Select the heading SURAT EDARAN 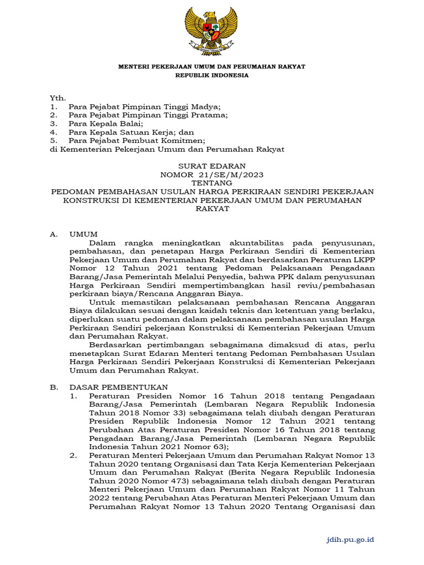tap(212, 166)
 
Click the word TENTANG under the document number tap(212, 183)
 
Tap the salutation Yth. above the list tap(58, 98)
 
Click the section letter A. tap(54, 234)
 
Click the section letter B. tap(54, 387)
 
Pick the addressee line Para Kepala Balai tap(105, 124)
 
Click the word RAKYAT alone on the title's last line tap(212, 209)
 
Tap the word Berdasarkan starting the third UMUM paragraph tap(113, 345)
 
